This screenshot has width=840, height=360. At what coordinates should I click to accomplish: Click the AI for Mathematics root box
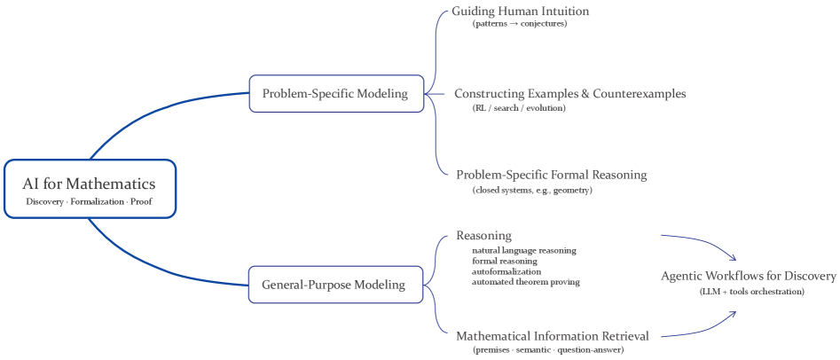(90, 188)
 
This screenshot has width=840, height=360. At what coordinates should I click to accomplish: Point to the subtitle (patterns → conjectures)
(519, 24)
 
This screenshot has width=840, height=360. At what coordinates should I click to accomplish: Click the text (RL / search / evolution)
(518, 107)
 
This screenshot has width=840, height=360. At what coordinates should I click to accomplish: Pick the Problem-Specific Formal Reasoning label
(551, 175)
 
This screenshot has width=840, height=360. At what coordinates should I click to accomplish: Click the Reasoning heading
(483, 236)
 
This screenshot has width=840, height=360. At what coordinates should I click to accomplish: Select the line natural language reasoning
(523, 250)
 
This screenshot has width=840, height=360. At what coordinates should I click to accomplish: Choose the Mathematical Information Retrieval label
(552, 336)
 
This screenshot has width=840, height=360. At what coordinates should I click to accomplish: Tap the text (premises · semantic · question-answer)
(547, 350)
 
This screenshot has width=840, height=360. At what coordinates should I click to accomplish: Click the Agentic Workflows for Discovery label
(748, 277)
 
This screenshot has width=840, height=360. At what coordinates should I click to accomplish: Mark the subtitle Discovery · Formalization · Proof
(90, 202)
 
